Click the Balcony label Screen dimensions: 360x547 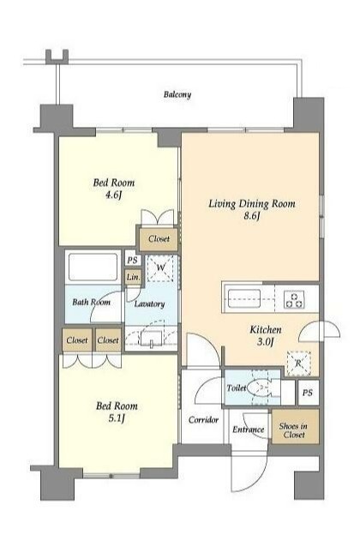tap(177, 94)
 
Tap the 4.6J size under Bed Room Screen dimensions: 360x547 tap(114, 195)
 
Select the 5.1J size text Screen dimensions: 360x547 tap(117, 418)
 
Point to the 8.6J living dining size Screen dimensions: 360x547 tap(252, 216)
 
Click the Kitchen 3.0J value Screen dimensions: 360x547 tap(265, 342)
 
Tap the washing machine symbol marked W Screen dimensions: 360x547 tap(160, 267)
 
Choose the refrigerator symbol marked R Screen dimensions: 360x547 tap(298, 364)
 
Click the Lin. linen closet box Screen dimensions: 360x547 tap(133, 278)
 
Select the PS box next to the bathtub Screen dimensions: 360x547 tap(133, 261)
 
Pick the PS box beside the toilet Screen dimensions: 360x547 tap(309, 393)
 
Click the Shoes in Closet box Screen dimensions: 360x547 tap(295, 427)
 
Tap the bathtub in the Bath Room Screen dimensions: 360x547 tap(93, 267)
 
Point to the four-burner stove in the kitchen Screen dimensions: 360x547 tap(295, 300)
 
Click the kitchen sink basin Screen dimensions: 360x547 tap(244, 298)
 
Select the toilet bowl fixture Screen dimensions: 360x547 tap(260, 388)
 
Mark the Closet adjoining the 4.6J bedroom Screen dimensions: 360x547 tap(159, 239)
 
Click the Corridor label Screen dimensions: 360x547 tap(203, 419)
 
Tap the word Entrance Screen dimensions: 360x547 tap(248, 430)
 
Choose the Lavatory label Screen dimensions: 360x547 tap(150, 304)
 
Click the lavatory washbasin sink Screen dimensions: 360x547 tap(151, 338)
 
